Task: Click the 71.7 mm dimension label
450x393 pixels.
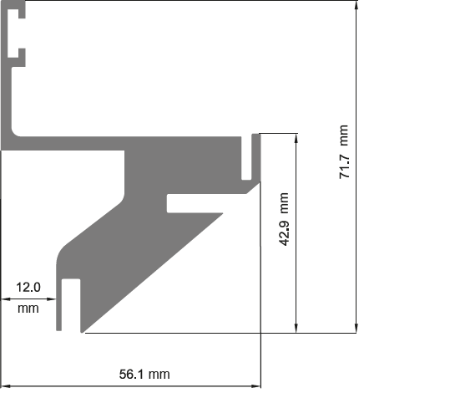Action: (344, 152)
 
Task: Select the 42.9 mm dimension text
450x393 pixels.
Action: (284, 219)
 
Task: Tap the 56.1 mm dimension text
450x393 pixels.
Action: (144, 375)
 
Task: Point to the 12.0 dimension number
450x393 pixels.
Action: (28, 287)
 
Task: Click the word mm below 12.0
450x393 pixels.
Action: (28, 309)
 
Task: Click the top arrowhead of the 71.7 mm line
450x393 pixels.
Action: (356, 5)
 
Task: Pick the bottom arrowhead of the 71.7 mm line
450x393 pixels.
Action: (356, 328)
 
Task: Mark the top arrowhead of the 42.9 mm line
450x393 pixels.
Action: (296, 138)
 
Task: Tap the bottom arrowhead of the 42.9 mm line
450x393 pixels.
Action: (296, 328)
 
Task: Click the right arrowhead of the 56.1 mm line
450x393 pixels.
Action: (255, 386)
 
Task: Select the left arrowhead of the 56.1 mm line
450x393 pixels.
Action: (7, 386)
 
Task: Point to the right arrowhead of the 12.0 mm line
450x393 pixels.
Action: (52, 299)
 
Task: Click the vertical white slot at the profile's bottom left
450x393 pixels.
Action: (71, 304)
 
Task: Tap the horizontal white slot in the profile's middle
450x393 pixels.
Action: (195, 203)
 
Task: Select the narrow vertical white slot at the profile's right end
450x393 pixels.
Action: (246, 158)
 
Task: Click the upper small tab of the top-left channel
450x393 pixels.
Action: (22, 13)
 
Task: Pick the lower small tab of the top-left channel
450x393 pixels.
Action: (22, 53)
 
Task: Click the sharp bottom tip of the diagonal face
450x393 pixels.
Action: (82, 332)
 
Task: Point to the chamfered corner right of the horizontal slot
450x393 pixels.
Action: (253, 187)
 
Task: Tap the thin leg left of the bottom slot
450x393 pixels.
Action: (58, 304)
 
